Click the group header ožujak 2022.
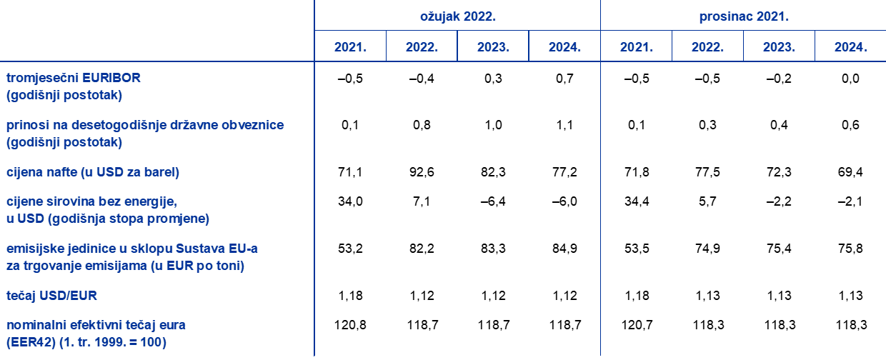(457, 16)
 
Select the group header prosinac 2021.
(743, 16)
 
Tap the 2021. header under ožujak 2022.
(350, 48)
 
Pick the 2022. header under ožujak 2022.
(422, 48)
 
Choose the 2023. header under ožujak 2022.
(493, 48)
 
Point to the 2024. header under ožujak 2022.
(564, 48)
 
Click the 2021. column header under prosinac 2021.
(636, 48)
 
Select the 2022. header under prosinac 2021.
(707, 48)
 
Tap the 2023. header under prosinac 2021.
(779, 48)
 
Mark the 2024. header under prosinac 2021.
(850, 48)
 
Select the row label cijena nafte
(93, 172)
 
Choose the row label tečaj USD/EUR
(51, 295)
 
